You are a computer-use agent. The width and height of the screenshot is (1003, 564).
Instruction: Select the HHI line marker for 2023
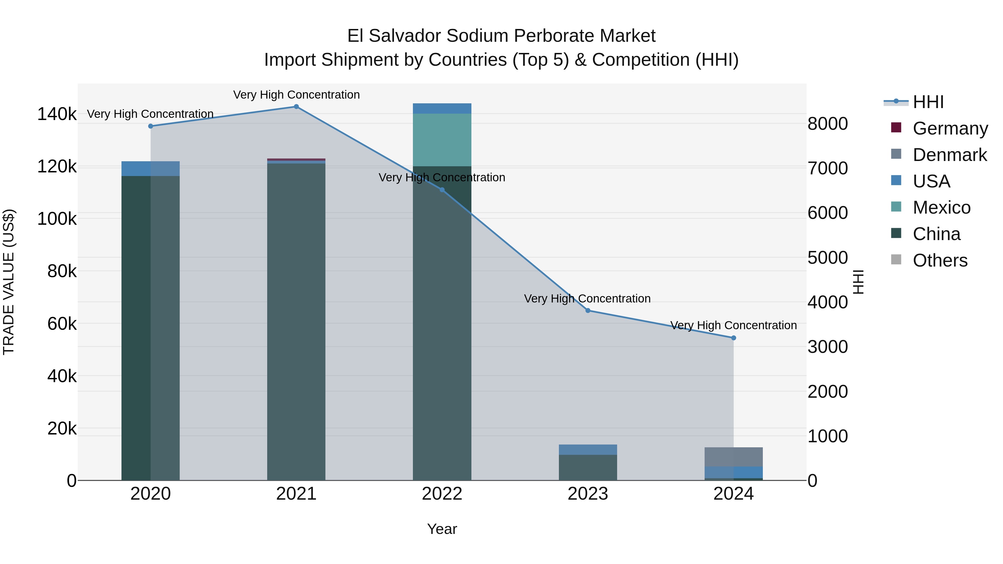[x=588, y=311]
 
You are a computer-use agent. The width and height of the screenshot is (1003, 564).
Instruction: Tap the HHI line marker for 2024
[x=733, y=338]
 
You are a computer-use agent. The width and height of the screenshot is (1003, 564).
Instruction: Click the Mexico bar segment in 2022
[x=442, y=140]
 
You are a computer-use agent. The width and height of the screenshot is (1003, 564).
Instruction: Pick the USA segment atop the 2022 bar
[x=442, y=109]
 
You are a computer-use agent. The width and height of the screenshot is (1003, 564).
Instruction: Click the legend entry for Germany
[x=950, y=128]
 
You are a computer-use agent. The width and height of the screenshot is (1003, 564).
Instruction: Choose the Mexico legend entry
[x=941, y=207]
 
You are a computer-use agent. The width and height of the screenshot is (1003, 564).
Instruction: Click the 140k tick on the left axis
[x=57, y=114]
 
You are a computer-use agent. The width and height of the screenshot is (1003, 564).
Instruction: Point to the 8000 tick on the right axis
[x=827, y=124]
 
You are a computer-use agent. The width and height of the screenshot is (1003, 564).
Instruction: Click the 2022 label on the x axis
[x=442, y=494]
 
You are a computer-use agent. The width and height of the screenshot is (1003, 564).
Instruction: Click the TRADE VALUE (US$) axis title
[x=9, y=282]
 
